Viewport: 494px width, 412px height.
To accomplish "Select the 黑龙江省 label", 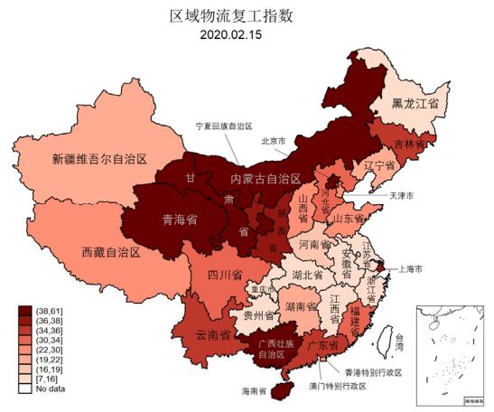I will point(415,105).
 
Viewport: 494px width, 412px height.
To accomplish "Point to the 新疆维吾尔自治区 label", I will point(99,160).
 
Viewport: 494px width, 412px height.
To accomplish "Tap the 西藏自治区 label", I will point(111,251).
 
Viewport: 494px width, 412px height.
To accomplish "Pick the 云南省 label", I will point(212,334).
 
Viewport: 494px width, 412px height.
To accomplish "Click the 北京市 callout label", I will point(274,141).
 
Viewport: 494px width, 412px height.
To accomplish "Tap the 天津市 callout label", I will point(401,195).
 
